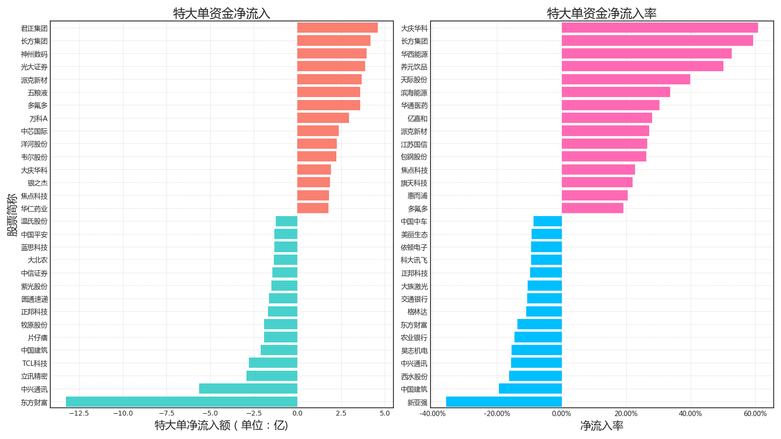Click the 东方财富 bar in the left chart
click(182, 402)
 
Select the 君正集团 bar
click(337, 28)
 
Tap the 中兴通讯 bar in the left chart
click(248, 389)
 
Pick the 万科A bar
click(323, 118)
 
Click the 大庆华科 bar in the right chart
click(659, 28)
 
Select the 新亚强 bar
click(504, 402)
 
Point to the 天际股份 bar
click(626, 80)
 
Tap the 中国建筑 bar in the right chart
click(530, 389)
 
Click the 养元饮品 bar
click(642, 66)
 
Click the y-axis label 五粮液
click(38, 93)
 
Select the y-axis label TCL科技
click(35, 363)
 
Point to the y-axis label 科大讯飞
click(414, 260)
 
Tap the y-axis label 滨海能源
click(414, 93)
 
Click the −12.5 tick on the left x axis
click(79, 414)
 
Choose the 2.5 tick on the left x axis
click(341, 414)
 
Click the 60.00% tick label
click(755, 414)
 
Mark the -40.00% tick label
click(432, 414)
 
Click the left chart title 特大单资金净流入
click(222, 13)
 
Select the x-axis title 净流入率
click(602, 426)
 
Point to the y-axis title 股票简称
click(12, 215)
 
